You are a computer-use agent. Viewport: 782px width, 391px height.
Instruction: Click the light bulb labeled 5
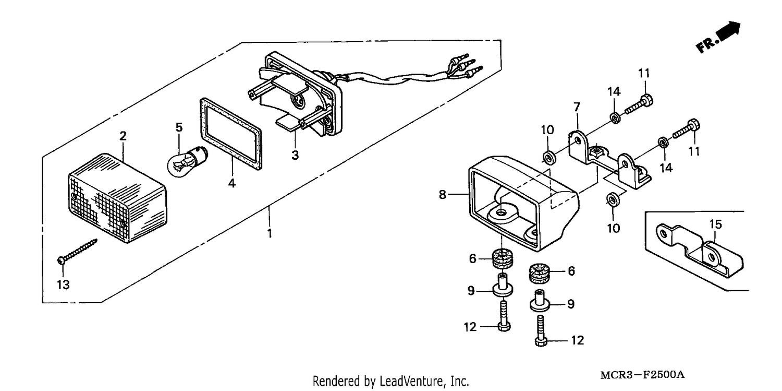(x=188, y=161)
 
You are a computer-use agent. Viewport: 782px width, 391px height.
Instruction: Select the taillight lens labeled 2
(x=117, y=198)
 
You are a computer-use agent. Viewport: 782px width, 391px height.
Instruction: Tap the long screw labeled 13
(x=77, y=251)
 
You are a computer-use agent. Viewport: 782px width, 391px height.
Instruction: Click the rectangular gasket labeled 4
(x=231, y=134)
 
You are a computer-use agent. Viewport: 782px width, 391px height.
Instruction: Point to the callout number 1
(x=270, y=233)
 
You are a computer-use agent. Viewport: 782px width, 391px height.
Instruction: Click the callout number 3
(x=296, y=155)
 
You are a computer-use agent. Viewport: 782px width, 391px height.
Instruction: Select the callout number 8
(x=442, y=194)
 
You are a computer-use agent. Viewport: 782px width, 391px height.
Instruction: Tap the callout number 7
(x=577, y=107)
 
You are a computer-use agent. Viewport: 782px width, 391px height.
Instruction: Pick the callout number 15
(x=715, y=224)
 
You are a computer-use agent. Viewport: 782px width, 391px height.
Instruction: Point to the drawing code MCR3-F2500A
(x=642, y=375)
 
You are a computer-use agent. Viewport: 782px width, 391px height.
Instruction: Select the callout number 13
(x=63, y=285)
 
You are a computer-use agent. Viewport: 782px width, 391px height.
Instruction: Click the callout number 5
(x=179, y=127)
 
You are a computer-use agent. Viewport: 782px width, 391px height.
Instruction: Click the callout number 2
(x=123, y=136)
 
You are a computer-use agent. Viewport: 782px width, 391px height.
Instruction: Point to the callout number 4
(x=232, y=183)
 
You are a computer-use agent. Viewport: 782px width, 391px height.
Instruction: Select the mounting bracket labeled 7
(x=609, y=159)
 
